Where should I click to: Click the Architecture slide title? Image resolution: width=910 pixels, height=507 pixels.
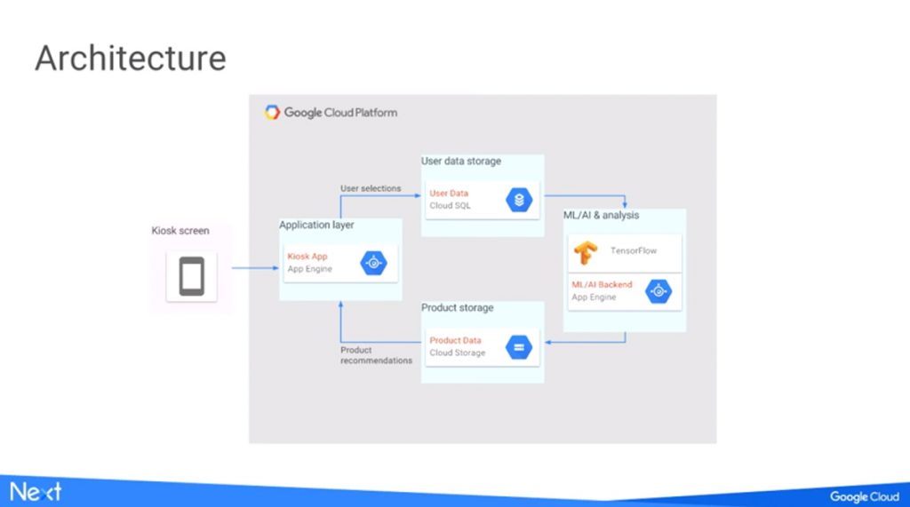point(131,58)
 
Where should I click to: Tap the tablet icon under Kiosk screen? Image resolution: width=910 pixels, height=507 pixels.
point(192,276)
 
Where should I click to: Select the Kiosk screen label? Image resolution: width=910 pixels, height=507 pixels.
point(180,230)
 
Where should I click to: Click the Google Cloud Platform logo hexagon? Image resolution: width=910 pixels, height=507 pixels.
point(272,112)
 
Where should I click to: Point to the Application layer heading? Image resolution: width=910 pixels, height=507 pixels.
point(316,225)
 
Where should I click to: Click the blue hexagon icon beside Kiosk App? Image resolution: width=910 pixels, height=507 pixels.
point(373,263)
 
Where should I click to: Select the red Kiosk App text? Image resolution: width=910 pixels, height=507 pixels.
point(307,257)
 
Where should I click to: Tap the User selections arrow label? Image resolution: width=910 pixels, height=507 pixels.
point(371,188)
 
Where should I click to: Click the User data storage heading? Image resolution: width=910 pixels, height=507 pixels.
point(461,162)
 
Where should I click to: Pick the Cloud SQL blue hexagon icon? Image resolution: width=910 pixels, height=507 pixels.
point(519,200)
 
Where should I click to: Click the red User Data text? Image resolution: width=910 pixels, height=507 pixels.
point(449,194)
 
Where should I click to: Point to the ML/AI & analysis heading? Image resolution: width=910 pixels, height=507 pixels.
point(602,215)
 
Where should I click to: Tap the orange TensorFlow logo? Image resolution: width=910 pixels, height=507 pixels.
point(586,252)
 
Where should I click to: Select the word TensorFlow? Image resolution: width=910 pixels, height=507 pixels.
point(633,250)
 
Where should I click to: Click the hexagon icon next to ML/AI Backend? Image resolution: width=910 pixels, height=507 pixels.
point(659,291)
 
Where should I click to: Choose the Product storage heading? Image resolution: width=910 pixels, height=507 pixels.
point(458,307)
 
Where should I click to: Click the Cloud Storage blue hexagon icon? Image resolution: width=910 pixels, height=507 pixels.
point(519,347)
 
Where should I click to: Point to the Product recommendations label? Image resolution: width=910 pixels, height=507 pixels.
point(376,355)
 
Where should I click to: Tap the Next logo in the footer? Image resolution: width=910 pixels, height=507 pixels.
point(36,492)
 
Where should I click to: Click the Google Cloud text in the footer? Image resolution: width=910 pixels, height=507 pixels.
point(865,496)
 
